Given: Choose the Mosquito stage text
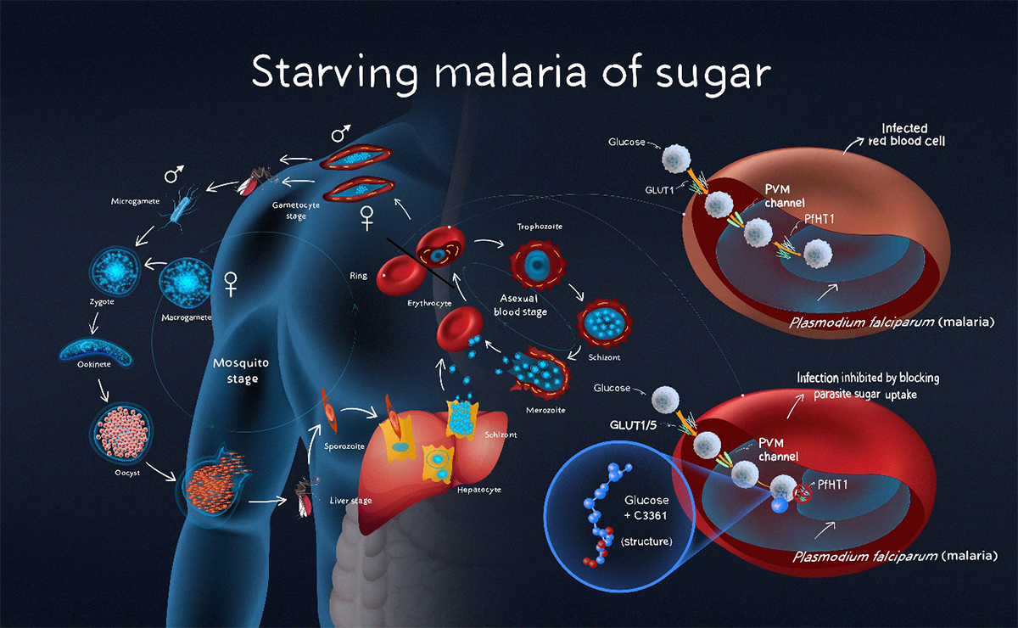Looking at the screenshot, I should coord(241,371).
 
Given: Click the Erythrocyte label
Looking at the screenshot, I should coord(429,302).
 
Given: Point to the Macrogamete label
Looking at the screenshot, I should coord(186,317).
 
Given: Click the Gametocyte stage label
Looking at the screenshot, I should coord(296,210).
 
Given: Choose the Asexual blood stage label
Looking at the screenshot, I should coord(521,306).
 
